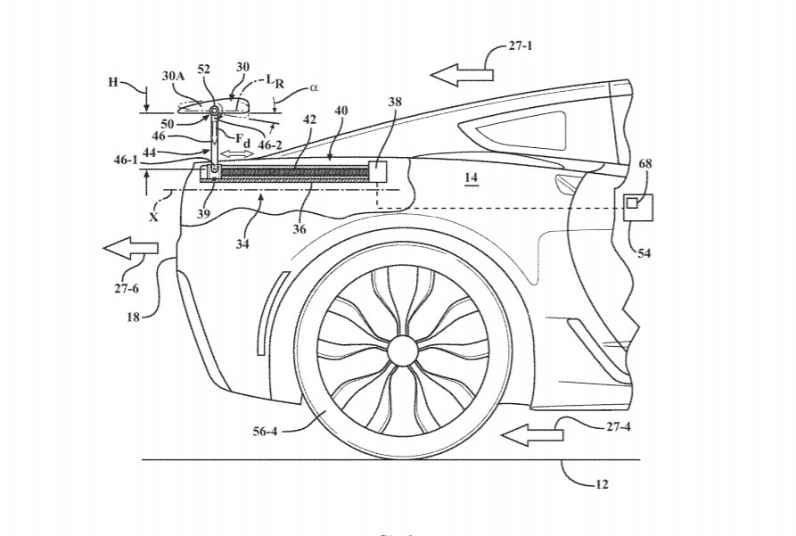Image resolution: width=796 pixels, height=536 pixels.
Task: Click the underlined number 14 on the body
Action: coord(472,178)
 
